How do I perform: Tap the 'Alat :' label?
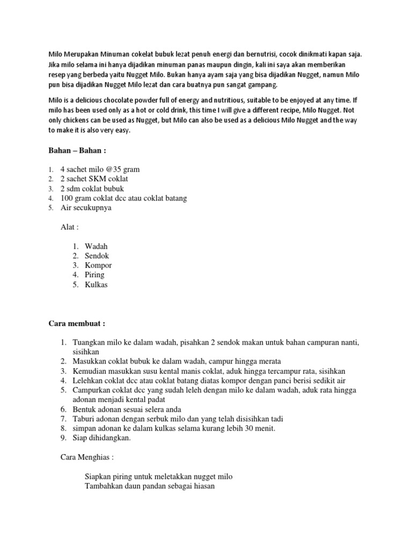(x=70, y=227)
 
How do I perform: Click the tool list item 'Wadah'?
(x=97, y=246)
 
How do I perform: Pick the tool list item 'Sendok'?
(x=97, y=256)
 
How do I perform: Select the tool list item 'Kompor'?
(x=98, y=265)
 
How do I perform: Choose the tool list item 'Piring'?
(x=95, y=275)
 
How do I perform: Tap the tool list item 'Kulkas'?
(x=97, y=285)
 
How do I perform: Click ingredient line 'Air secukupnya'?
(x=86, y=208)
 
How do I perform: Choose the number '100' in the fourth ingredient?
(x=68, y=198)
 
